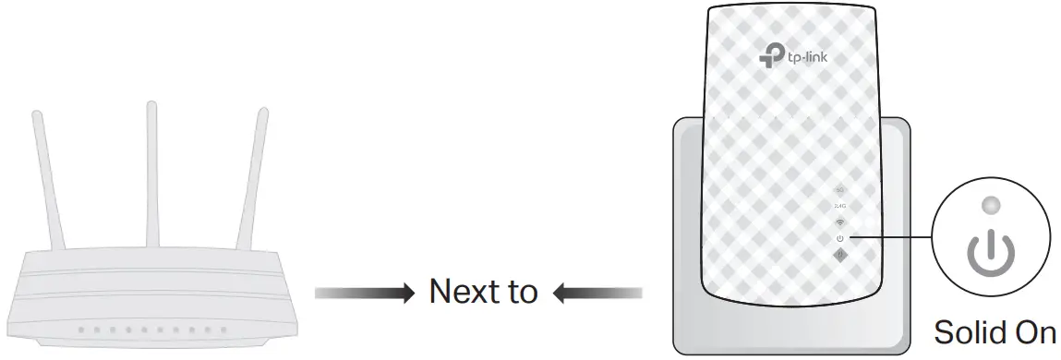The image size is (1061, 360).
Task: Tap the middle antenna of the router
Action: pos(152,166)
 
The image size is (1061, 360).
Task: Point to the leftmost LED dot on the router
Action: pos(80,329)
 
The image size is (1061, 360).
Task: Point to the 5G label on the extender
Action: pos(839,190)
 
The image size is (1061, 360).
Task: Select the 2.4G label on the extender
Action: pos(839,206)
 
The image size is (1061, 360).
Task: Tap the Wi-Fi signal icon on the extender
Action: pos(839,222)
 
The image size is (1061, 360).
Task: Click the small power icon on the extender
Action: pos(839,238)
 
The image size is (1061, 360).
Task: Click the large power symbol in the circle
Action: pos(989,249)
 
